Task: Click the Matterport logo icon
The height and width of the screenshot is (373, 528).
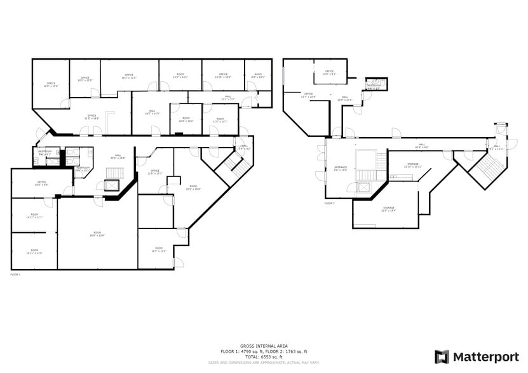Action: pyautogui.click(x=442, y=357)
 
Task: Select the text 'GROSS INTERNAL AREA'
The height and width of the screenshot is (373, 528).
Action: pyautogui.click(x=264, y=346)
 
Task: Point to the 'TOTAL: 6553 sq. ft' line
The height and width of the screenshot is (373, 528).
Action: pyautogui.click(x=264, y=356)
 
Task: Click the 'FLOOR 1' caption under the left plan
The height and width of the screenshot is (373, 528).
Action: pyautogui.click(x=15, y=275)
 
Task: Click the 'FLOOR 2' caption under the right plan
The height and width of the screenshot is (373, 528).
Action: pyautogui.click(x=329, y=204)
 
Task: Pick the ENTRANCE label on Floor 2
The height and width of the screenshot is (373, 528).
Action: pyautogui.click(x=341, y=168)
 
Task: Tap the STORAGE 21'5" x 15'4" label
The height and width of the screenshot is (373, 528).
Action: pyautogui.click(x=388, y=209)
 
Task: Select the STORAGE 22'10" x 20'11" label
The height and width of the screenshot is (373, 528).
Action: pyautogui.click(x=412, y=165)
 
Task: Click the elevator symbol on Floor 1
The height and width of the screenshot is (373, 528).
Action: pyautogui.click(x=109, y=186)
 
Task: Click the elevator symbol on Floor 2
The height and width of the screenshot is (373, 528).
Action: pyautogui.click(x=363, y=187)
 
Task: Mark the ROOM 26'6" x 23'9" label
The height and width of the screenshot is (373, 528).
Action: pyautogui.click(x=97, y=234)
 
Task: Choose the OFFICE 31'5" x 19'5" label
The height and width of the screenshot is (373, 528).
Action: pyautogui.click(x=91, y=117)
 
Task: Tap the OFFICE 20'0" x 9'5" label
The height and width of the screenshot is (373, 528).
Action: pyautogui.click(x=41, y=184)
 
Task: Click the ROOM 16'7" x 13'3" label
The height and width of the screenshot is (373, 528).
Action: pyautogui.click(x=158, y=249)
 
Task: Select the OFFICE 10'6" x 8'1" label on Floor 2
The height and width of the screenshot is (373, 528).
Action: pyautogui.click(x=329, y=72)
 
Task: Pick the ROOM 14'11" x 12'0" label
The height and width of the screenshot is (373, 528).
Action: pyautogui.click(x=34, y=252)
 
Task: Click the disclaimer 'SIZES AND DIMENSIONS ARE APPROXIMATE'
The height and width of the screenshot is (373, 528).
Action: pyautogui.click(x=264, y=363)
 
